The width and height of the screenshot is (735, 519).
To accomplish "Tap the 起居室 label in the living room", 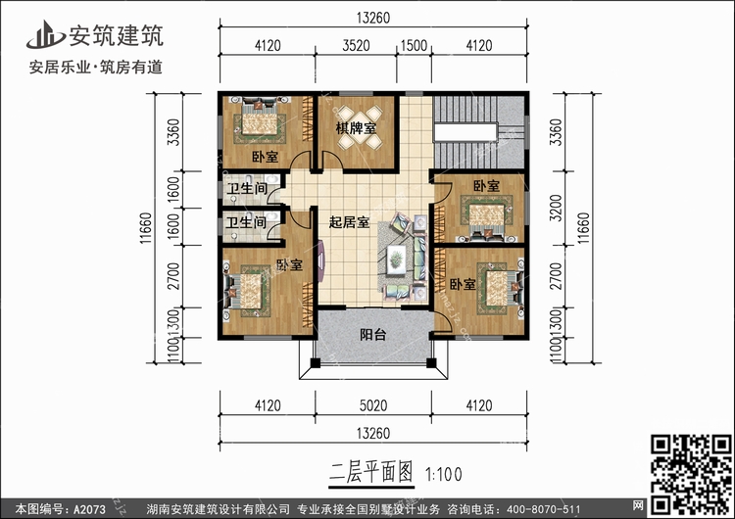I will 348,223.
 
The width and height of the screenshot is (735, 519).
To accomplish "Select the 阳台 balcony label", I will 372,335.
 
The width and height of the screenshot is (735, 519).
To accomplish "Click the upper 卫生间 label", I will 247,189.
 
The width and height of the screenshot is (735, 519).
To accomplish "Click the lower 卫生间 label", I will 246,223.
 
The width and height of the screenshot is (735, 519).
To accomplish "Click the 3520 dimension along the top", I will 357,45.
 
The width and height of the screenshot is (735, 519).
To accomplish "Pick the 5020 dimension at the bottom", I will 372,402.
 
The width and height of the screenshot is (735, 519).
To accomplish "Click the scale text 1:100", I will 445,473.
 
